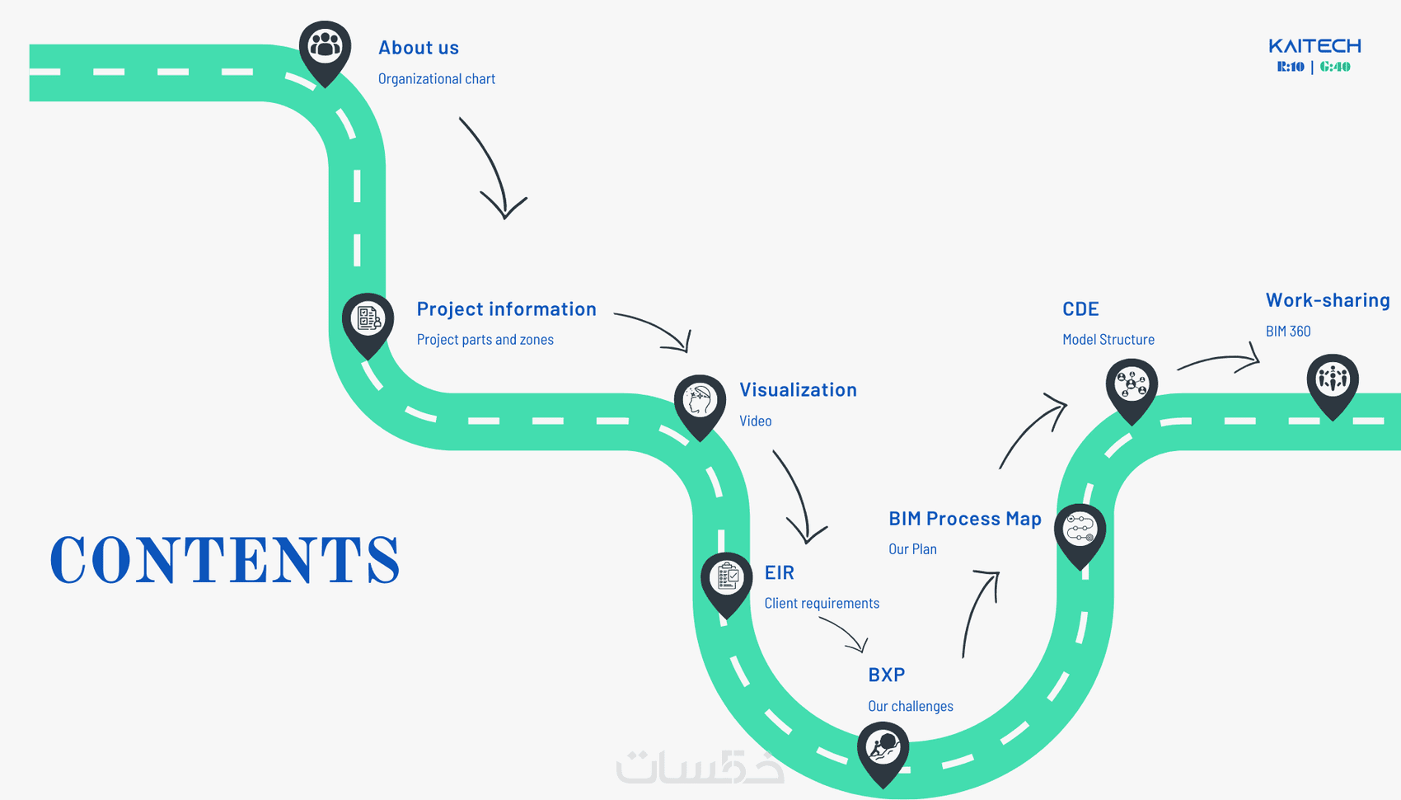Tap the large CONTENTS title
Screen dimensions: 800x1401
(x=225, y=560)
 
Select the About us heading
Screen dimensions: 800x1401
(x=419, y=48)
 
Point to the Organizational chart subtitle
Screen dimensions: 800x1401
(x=437, y=79)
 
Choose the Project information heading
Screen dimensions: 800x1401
(x=506, y=309)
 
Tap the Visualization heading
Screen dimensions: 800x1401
(x=798, y=390)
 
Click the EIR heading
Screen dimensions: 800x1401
(x=779, y=572)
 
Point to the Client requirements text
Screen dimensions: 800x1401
(x=822, y=604)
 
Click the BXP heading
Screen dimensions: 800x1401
(x=887, y=675)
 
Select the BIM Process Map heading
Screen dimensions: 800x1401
(x=965, y=519)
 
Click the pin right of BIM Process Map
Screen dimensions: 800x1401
(x=1080, y=531)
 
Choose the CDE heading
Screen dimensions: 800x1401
(x=1080, y=309)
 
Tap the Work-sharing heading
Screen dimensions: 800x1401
(x=1328, y=300)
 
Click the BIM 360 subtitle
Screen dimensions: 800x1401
(x=1288, y=332)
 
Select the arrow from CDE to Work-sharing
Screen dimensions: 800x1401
(x=1220, y=360)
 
